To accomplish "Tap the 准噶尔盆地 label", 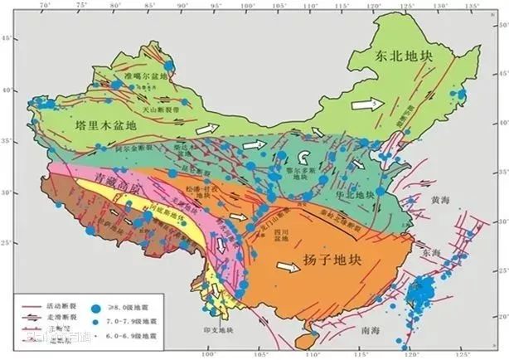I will point(145,75).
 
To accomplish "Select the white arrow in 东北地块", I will point(362,105).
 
